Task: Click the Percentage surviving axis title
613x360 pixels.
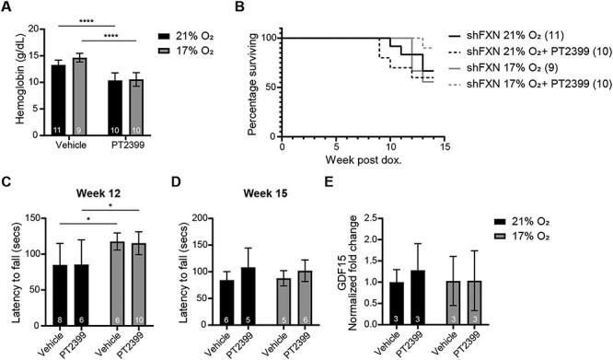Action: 255,80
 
